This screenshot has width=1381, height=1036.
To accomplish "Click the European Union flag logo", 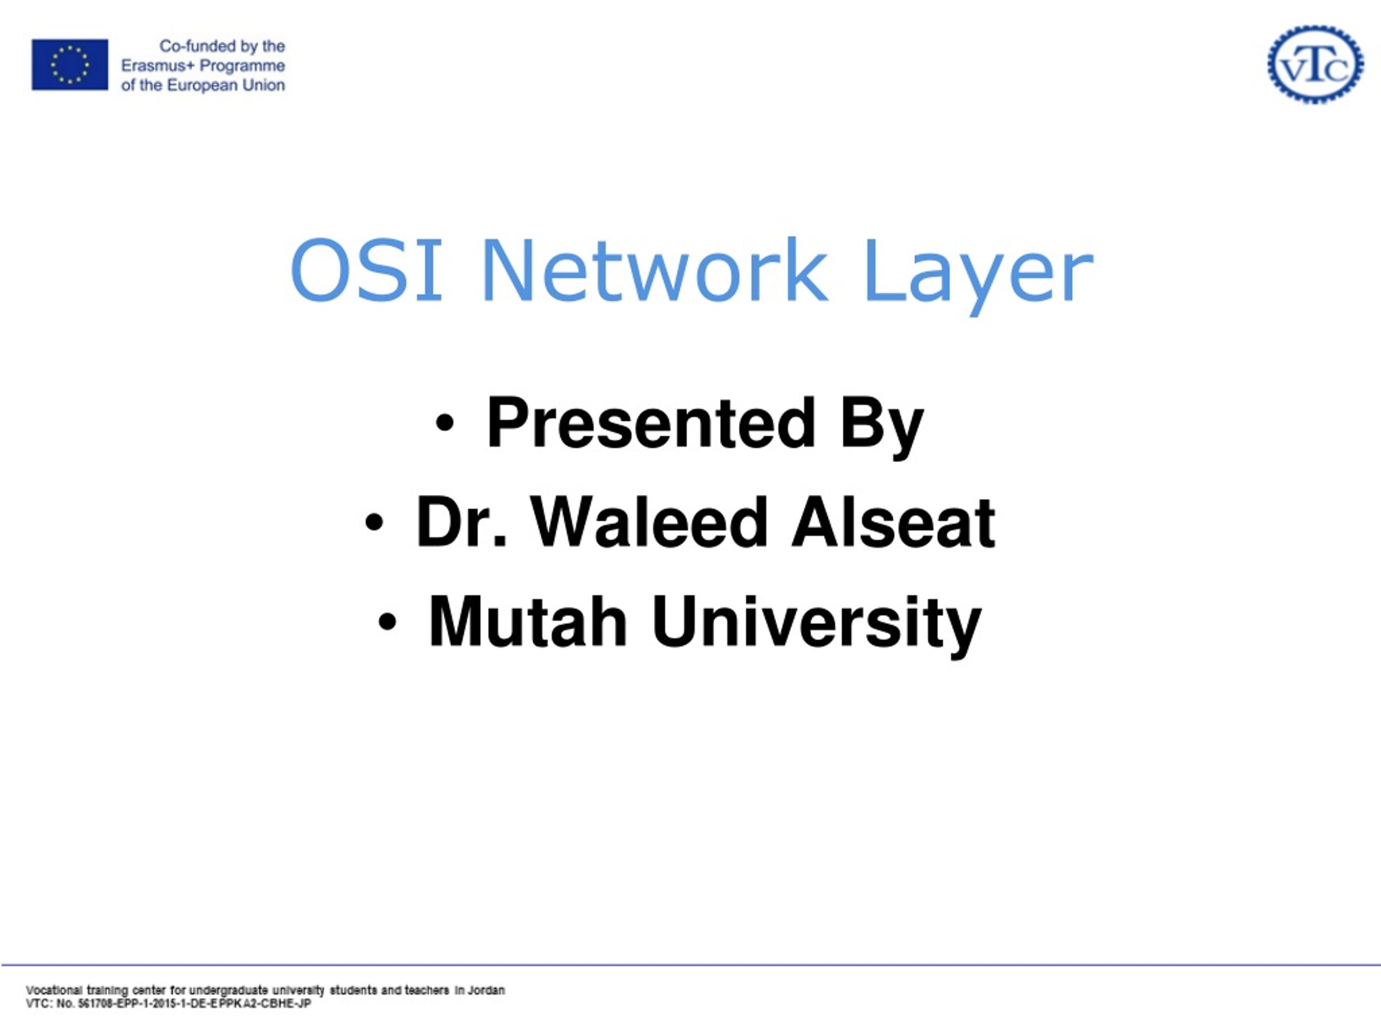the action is [70, 64].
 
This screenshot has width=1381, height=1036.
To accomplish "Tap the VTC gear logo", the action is [1315, 64].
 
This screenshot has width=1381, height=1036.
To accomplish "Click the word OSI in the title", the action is [366, 270].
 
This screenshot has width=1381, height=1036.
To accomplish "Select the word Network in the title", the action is [654, 270].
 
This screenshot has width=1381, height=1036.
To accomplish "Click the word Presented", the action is [651, 423].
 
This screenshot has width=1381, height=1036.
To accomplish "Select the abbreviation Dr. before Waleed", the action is [461, 522].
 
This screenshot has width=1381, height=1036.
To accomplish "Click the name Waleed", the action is [650, 522].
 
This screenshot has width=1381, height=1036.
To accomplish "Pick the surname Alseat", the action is [893, 522].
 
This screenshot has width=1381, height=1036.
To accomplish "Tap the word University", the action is [817, 626].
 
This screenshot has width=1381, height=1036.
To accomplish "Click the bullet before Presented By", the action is [445, 424].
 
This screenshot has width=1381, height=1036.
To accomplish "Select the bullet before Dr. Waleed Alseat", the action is [373, 523].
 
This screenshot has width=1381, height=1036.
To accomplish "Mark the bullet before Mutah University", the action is [387, 622].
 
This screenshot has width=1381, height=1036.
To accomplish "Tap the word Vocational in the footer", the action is [54, 991].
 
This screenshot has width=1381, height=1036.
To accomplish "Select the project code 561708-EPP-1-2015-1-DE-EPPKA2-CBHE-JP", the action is [194, 1004].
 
